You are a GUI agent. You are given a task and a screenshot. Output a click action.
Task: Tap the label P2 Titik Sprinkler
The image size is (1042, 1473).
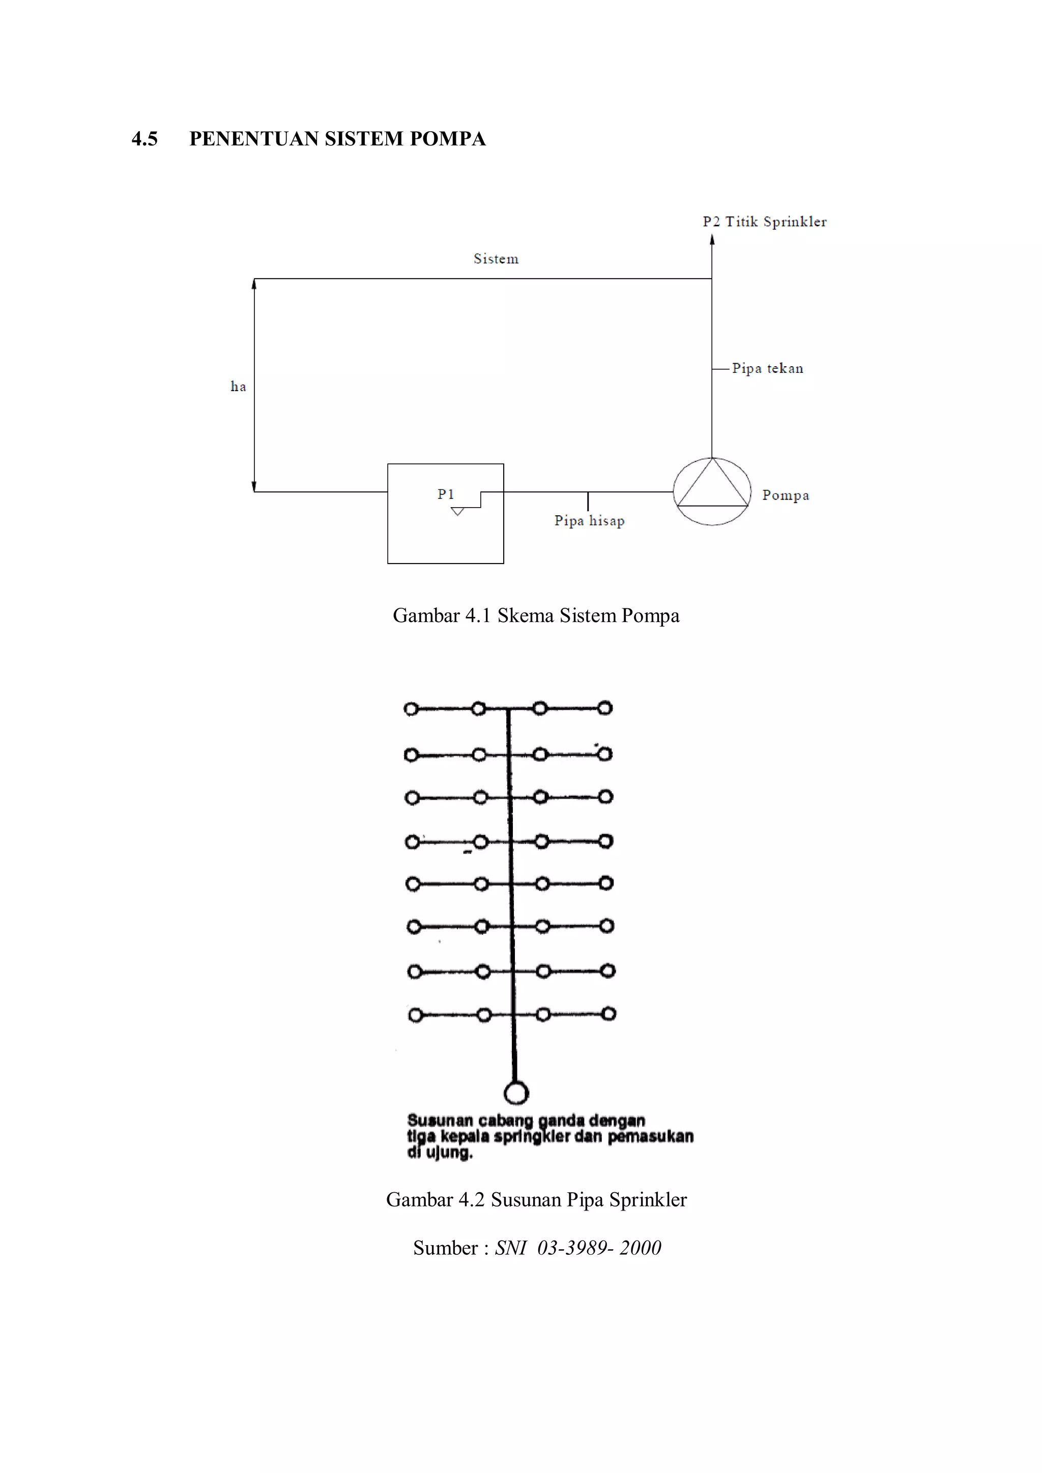[764, 222]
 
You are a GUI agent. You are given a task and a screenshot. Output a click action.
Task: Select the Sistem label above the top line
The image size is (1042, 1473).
[496, 259]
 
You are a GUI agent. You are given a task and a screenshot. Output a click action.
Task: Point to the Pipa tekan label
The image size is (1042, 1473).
[767, 368]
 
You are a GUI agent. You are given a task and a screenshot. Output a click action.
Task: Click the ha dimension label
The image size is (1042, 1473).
[238, 386]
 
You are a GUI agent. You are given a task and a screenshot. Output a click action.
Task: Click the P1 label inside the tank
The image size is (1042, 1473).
[446, 494]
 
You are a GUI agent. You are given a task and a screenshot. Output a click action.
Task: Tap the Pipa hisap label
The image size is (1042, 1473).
[589, 520]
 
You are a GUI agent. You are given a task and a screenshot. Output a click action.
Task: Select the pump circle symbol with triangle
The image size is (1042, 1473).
[712, 491]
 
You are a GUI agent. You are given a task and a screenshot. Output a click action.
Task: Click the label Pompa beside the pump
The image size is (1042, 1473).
[786, 495]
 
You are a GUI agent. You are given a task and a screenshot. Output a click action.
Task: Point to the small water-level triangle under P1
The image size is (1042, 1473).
[457, 511]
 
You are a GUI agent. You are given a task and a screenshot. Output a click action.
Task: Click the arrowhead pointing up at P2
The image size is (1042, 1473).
[712, 240]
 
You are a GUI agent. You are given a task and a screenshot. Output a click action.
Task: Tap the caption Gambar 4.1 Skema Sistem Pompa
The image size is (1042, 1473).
[536, 615]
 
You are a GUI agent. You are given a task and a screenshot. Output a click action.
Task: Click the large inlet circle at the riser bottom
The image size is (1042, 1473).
[516, 1093]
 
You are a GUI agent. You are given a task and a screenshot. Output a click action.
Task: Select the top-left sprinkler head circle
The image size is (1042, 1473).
[411, 709]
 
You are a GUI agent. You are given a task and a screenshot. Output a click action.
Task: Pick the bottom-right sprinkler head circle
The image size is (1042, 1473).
[609, 1014]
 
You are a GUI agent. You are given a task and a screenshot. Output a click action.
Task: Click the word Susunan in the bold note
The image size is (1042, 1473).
[440, 1121]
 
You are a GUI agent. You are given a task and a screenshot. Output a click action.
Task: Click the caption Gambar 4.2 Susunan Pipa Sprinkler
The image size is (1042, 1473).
[536, 1200]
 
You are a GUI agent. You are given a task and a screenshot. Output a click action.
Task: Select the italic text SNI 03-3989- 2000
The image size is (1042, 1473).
[577, 1248]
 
